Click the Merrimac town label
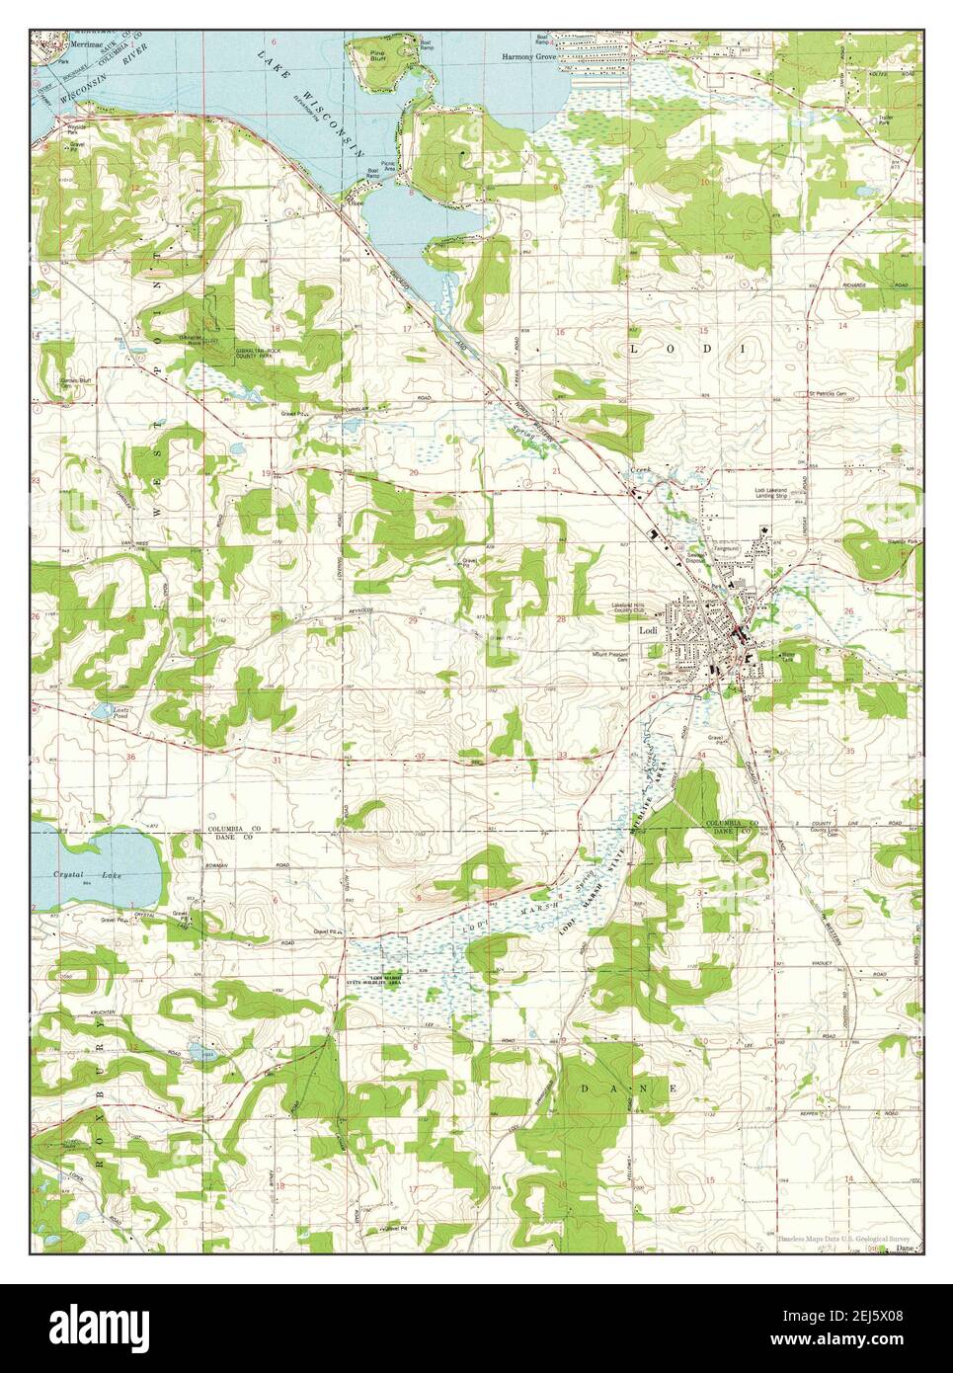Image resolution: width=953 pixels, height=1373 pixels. coord(60,44)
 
